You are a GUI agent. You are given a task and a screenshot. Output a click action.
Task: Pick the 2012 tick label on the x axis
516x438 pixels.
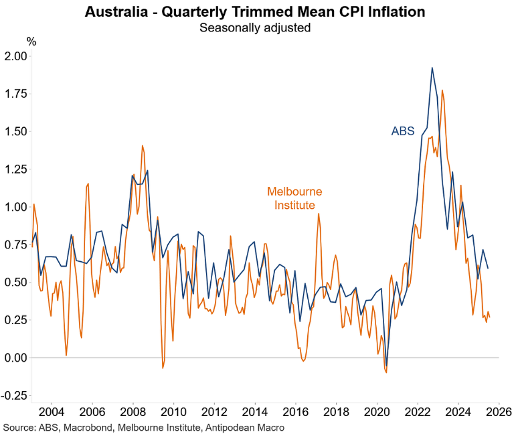pyautogui.click(x=213, y=411)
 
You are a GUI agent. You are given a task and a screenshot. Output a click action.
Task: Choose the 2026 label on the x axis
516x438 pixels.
pyautogui.click(x=498, y=411)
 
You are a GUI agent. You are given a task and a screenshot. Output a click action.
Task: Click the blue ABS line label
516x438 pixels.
pyautogui.click(x=404, y=131)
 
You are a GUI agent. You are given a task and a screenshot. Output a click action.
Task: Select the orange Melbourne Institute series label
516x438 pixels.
pyautogui.click(x=294, y=198)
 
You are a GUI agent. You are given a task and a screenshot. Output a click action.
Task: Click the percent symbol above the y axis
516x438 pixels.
pyautogui.click(x=31, y=42)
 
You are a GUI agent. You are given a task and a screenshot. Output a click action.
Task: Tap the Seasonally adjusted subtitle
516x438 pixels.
pyautogui.click(x=258, y=28)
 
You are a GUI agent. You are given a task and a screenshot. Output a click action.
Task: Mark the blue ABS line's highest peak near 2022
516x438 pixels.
pyautogui.click(x=432, y=68)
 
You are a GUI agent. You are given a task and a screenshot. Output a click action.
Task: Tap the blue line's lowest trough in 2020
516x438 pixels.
pyautogui.click(x=386, y=366)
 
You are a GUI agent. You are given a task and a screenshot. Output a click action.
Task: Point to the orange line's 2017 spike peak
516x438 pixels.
pyautogui.click(x=319, y=214)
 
